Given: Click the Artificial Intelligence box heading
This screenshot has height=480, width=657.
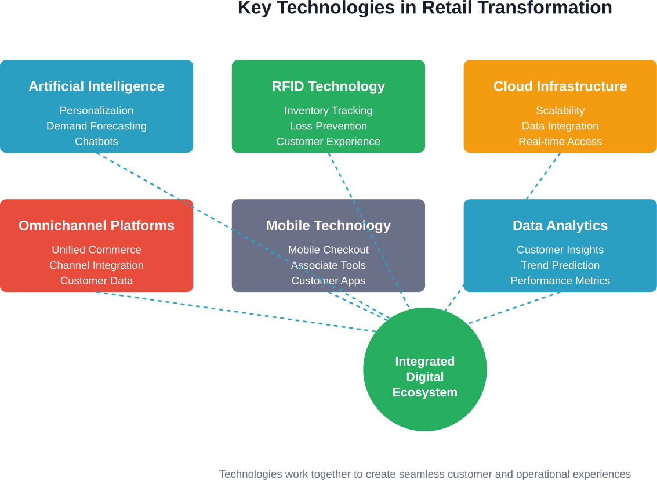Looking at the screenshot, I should pyautogui.click(x=96, y=86).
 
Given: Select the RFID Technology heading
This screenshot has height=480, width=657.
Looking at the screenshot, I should pyautogui.click(x=328, y=86).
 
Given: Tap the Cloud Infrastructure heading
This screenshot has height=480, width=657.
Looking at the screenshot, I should pyautogui.click(x=560, y=86).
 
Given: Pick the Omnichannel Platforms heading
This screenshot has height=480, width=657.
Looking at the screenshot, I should pyautogui.click(x=96, y=226).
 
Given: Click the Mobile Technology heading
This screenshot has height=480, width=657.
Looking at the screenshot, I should pyautogui.click(x=328, y=226).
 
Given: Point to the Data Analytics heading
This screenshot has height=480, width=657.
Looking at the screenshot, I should pyautogui.click(x=560, y=226).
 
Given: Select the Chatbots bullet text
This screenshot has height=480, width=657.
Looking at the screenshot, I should pyautogui.click(x=96, y=142).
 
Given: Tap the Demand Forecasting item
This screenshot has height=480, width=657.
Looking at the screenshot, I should pyautogui.click(x=96, y=126).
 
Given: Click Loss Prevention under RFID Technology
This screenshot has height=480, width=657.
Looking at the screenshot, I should pyautogui.click(x=328, y=126).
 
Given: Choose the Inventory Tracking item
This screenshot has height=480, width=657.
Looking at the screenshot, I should pyautogui.click(x=328, y=110).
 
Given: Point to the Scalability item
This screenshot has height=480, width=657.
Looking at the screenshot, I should pyautogui.click(x=560, y=110).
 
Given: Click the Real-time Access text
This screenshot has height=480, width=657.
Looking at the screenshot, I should pyautogui.click(x=560, y=142).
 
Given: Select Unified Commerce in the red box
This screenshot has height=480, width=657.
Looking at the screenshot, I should pyautogui.click(x=96, y=250).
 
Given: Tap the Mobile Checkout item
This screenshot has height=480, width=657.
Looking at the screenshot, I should pyautogui.click(x=328, y=250).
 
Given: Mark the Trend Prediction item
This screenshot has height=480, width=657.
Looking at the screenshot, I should pyautogui.click(x=560, y=265).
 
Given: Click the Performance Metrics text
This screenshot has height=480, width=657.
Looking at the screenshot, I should pyautogui.click(x=560, y=281).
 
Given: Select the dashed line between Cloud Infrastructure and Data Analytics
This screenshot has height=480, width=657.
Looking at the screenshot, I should pyautogui.click(x=543, y=176).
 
